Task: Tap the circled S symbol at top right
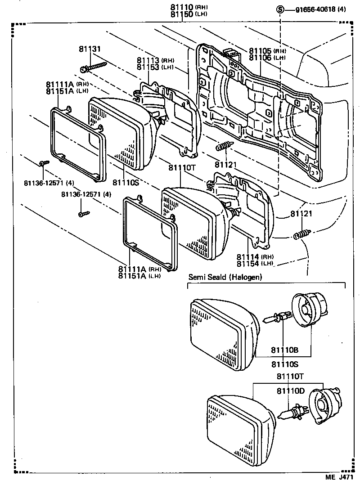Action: coord(280,10)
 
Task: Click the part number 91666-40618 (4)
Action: coord(320,10)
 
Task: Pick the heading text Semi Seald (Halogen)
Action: coord(225,277)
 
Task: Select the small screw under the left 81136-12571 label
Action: coord(42,164)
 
